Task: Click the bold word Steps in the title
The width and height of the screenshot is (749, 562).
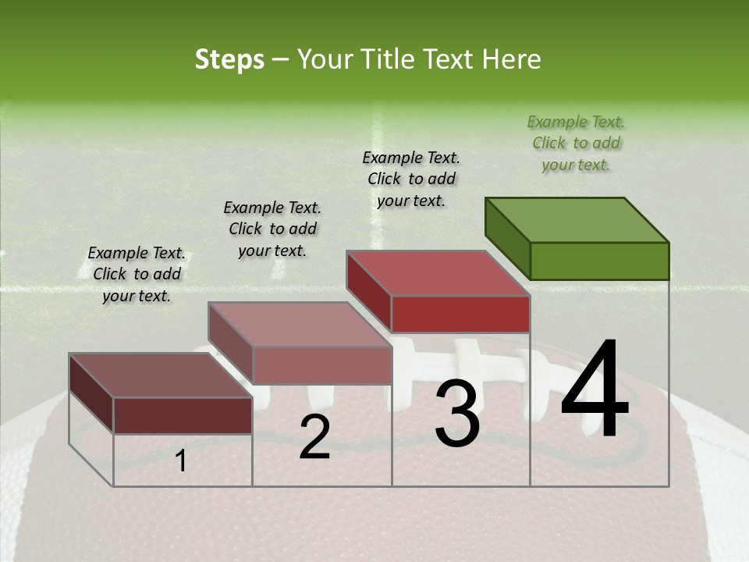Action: tap(229, 59)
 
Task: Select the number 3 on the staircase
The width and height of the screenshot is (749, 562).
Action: tap(457, 414)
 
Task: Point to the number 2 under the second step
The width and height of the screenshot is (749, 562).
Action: tap(314, 437)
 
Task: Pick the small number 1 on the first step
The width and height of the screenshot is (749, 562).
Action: tap(180, 461)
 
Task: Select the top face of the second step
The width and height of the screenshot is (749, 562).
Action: tap(300, 324)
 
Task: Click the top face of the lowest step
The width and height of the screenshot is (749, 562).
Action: tap(161, 375)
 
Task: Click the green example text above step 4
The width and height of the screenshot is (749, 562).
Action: tap(576, 143)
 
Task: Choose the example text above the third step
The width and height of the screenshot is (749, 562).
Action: tap(411, 179)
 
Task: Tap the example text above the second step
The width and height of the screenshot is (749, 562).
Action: tap(272, 229)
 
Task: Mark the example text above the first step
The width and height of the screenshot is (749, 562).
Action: tap(137, 274)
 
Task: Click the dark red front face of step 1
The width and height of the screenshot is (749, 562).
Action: tap(183, 415)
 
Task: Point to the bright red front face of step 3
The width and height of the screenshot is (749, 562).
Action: tap(460, 314)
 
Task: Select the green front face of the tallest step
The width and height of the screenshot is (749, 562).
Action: tap(599, 261)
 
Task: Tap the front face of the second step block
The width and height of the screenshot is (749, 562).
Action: tap(321, 365)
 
